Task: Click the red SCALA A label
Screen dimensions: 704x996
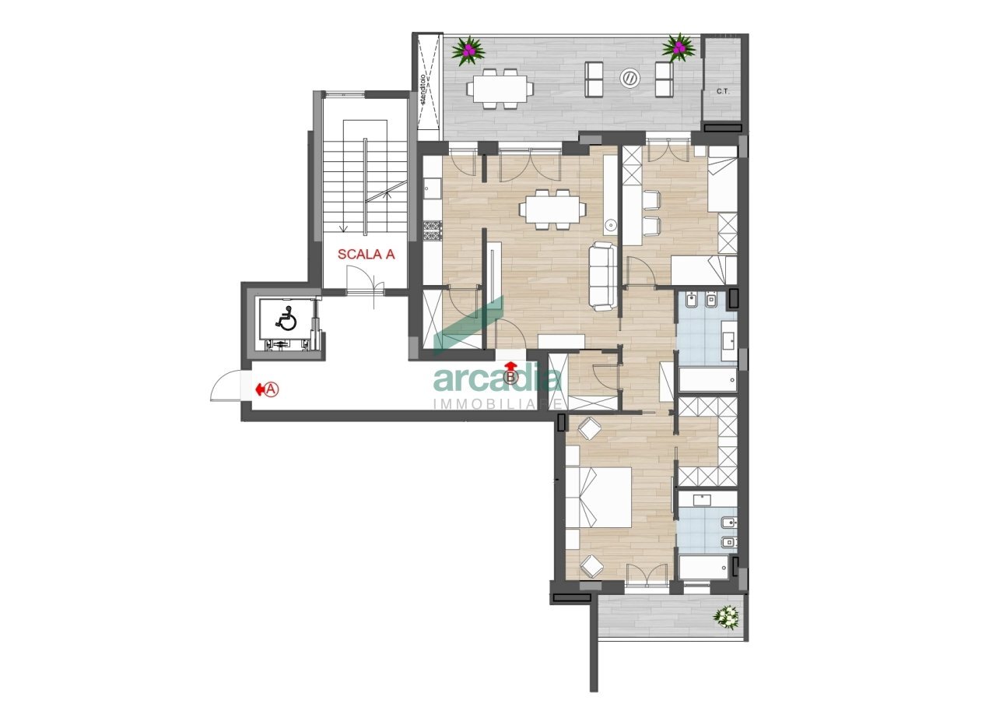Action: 366,253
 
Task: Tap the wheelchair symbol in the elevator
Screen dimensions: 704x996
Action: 287,319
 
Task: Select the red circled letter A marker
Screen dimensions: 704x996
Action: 270,389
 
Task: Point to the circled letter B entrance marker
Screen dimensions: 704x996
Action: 510,378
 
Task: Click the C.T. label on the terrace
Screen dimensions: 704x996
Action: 723,91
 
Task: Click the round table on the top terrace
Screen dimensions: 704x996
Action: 630,78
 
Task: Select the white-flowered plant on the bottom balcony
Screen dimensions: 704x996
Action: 727,617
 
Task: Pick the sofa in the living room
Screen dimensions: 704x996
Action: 602,275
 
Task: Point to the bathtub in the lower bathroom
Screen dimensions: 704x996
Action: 703,567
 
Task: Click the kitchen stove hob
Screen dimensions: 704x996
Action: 432,230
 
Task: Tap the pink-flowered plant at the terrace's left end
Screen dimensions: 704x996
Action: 469,51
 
